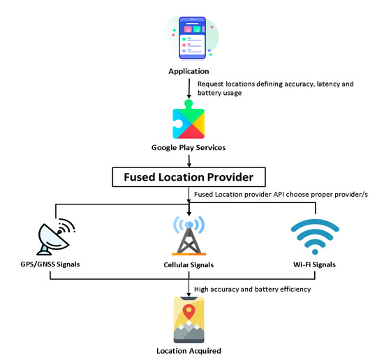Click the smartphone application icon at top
click(191, 38)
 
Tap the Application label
click(189, 71)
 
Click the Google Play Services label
click(189, 148)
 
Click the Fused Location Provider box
click(189, 175)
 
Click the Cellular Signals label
click(189, 265)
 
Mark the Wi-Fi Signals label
click(315, 265)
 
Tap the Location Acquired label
click(189, 350)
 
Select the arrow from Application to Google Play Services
click(189, 88)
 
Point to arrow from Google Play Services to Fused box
click(189, 158)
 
